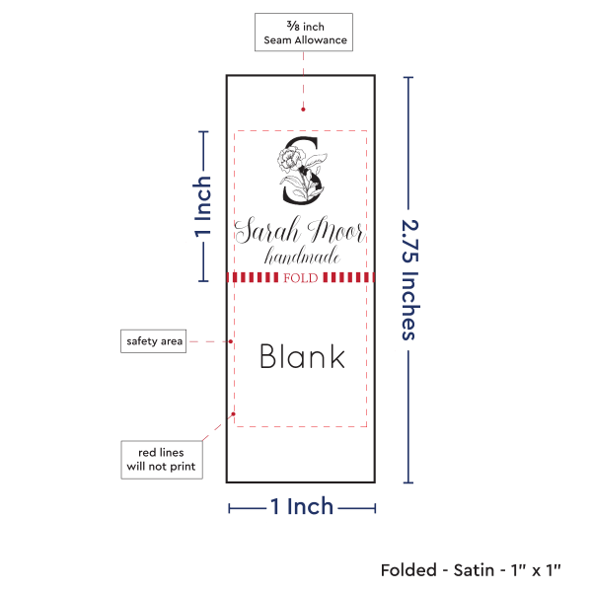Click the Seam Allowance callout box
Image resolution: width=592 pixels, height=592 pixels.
tap(303, 33)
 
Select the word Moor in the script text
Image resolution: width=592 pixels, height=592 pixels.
tap(336, 232)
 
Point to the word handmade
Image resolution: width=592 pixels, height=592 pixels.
tap(303, 257)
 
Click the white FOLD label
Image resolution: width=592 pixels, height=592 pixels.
tap(300, 278)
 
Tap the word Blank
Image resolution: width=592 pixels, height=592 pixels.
tap(302, 356)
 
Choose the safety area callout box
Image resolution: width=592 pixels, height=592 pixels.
tap(154, 341)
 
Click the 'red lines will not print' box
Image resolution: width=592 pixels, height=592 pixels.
tap(162, 459)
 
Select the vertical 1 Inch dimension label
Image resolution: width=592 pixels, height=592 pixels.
tap(203, 206)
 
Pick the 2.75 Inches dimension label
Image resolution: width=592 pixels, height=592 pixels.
tap(409, 277)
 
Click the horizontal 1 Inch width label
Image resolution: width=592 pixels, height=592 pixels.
tap(302, 507)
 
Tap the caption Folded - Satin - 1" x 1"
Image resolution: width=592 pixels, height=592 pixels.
tap(471, 569)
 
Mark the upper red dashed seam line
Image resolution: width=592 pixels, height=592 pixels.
tap(301, 130)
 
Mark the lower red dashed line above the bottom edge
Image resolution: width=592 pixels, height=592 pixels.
tap(301, 426)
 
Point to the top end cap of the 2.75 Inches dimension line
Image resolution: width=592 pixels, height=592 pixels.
tap(409, 78)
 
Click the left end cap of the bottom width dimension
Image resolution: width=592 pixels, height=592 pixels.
tap(229, 508)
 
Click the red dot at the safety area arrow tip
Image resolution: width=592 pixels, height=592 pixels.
tap(231, 341)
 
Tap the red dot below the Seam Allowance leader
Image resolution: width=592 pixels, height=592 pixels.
tap(303, 109)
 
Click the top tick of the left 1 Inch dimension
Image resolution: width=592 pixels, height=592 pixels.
tap(204, 131)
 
